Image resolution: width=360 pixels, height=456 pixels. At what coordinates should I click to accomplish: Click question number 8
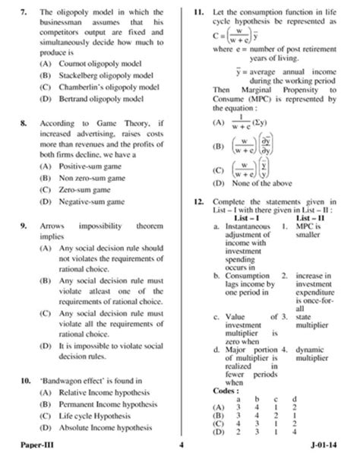pos(25,122)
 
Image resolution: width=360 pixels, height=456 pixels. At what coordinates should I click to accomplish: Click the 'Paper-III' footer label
pos(39,445)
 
